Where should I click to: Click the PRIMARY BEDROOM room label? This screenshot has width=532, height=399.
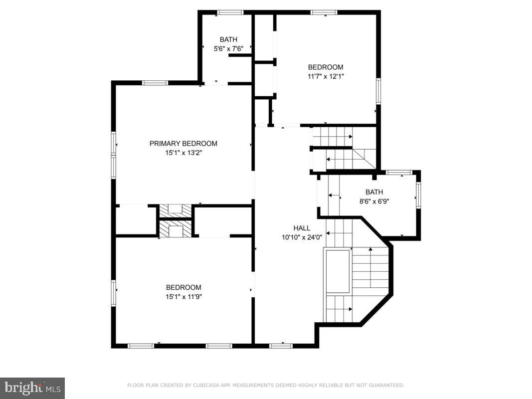point(183,144)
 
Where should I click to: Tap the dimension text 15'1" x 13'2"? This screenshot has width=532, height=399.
point(183,153)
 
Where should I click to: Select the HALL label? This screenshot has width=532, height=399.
point(302,228)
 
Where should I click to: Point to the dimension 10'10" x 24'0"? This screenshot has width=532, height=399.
point(302,238)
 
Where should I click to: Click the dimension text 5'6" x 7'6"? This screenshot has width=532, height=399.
point(228,49)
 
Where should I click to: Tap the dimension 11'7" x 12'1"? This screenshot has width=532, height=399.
point(326,77)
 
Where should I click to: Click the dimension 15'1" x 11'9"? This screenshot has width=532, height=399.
point(183,297)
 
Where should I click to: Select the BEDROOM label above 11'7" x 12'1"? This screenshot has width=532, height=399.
point(326,67)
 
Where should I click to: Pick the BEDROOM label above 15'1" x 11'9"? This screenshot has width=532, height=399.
point(183,287)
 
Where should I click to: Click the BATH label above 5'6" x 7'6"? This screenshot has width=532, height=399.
point(228,39)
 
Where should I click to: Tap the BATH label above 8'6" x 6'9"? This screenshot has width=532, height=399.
point(374,192)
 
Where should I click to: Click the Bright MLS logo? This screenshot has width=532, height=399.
point(32,388)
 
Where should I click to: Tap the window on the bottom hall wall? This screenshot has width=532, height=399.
point(281,345)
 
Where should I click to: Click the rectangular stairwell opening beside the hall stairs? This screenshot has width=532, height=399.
point(338,271)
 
